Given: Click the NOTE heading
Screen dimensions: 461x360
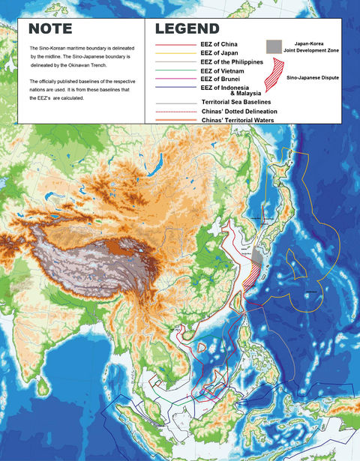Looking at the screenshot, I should (51, 30).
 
